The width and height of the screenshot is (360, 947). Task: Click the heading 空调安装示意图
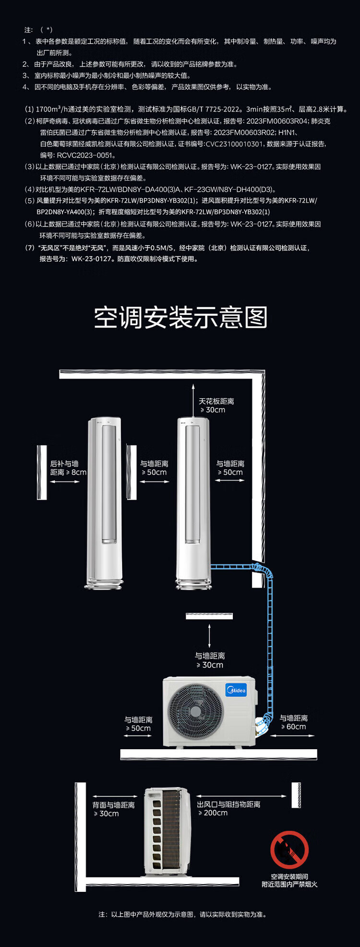[x=180, y=317]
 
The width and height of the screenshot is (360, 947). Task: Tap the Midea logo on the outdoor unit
[x=236, y=690]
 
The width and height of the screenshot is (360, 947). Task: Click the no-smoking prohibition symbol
[x=289, y=850]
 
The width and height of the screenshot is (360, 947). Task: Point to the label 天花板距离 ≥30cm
[x=216, y=406]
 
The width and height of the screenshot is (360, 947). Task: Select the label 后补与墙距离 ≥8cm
[x=68, y=468]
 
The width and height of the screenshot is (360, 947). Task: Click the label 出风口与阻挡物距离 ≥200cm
[x=228, y=808]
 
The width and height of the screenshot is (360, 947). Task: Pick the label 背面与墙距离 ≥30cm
[x=114, y=809]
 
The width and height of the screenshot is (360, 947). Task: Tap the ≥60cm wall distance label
[x=294, y=722]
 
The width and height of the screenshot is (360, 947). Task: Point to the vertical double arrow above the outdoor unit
[x=209, y=636]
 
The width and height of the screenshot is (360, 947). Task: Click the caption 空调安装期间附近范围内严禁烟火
[x=289, y=880]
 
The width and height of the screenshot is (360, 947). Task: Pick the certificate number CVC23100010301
[x=234, y=144]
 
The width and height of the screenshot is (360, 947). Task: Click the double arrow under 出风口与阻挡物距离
[x=241, y=796]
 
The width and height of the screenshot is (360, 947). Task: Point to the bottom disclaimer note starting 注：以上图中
[x=182, y=914]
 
